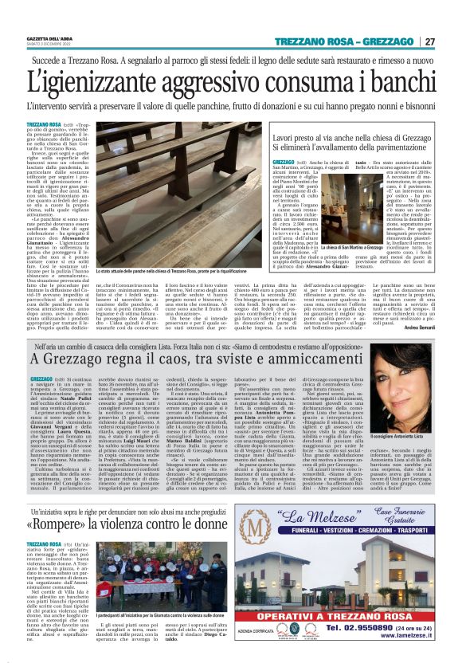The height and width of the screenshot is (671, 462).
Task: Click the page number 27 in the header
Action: coord(430,41)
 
